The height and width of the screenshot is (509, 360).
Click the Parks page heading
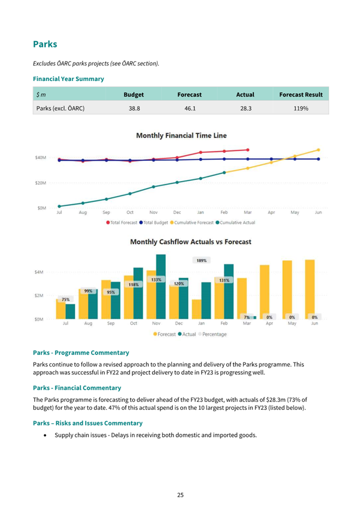(45, 44)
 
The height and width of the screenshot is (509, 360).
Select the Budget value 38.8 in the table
(134, 108)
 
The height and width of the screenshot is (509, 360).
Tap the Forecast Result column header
(301, 94)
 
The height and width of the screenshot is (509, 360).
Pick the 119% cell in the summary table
(301, 108)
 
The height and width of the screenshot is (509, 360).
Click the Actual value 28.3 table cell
(246, 108)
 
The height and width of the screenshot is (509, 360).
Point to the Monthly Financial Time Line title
(181, 135)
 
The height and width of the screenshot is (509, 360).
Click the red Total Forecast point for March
(247, 150)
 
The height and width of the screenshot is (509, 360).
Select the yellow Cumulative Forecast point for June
(318, 150)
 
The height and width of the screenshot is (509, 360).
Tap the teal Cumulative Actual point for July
(59, 206)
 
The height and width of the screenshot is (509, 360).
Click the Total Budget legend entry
(154, 223)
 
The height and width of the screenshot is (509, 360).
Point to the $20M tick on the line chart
(41, 183)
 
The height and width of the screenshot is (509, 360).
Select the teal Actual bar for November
(161, 287)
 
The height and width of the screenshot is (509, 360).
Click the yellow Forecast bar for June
(310, 289)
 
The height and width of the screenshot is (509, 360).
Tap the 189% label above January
(202, 260)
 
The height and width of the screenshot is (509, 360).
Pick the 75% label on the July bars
(66, 300)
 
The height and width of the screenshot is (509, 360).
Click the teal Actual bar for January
(206, 301)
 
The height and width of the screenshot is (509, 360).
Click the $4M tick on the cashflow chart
(38, 272)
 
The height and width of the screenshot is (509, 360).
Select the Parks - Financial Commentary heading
(77, 388)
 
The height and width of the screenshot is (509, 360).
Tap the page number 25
(180, 495)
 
